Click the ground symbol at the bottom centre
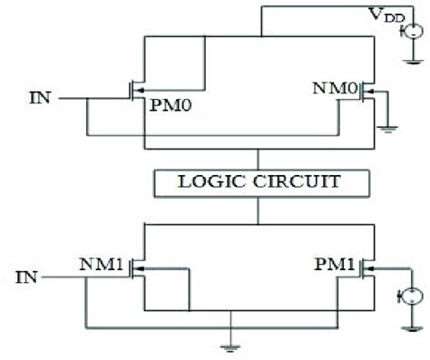click(x=231, y=343)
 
